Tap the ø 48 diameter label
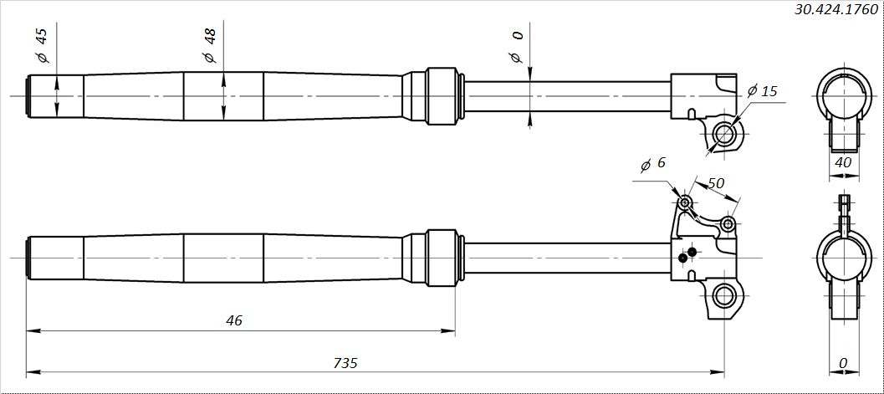point(209,46)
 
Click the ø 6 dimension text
point(653,165)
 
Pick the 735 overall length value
point(345,363)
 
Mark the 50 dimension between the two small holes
point(716,183)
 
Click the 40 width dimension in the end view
point(843,163)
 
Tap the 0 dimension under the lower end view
point(843,363)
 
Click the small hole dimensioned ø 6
point(685,202)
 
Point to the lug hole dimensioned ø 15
point(724,133)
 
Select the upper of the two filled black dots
point(692,252)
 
